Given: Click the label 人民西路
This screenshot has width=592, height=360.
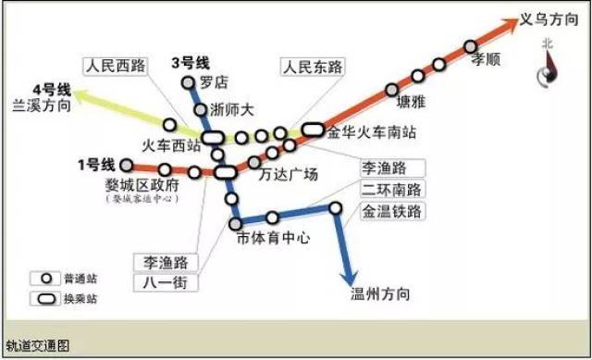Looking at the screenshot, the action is point(116,66).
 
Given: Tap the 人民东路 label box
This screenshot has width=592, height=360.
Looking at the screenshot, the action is point(312,67).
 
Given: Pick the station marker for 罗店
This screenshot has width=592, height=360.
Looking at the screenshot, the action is point(194,81).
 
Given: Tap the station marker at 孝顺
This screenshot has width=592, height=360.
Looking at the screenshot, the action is point(471,45).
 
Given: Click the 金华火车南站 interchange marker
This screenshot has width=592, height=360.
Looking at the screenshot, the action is point(312,130).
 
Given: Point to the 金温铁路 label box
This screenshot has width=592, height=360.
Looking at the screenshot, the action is point(392,211).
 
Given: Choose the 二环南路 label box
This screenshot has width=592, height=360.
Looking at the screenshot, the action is point(392,190).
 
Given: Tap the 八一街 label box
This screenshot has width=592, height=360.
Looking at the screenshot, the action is point(166,282).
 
